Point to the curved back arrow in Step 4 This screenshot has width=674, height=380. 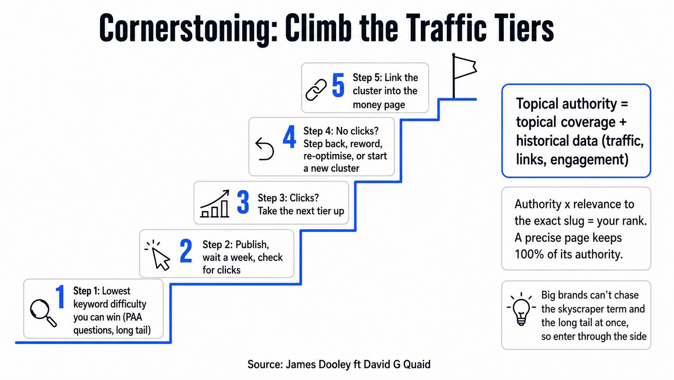(x=264, y=149)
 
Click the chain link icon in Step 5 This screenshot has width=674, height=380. (x=316, y=90)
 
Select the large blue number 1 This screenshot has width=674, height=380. (x=60, y=297)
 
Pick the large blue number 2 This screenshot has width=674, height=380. (x=186, y=251)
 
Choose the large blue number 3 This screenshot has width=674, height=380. (x=243, y=202)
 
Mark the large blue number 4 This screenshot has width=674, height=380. (x=289, y=137)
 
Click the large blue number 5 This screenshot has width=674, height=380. (x=338, y=86)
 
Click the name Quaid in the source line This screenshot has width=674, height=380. (x=417, y=365)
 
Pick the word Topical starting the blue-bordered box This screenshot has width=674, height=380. (x=537, y=104)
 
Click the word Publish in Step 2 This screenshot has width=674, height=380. (x=252, y=245)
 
